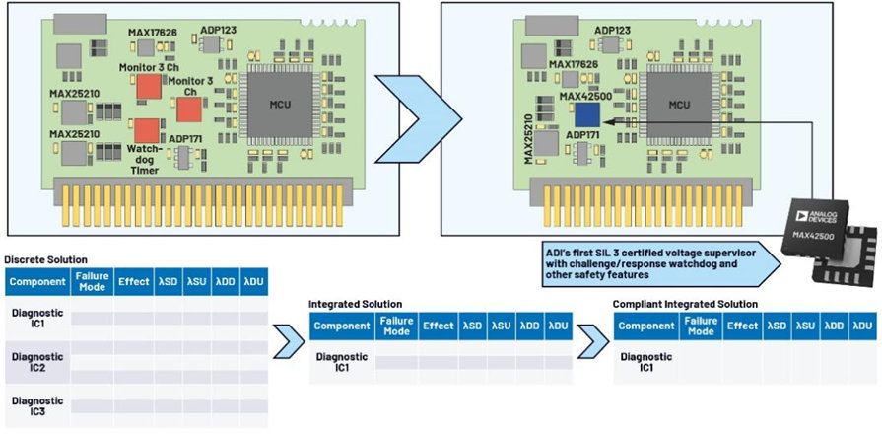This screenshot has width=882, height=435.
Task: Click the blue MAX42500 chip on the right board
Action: pyautogui.click(x=586, y=115)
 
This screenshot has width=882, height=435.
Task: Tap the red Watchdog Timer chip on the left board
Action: pyautogui.click(x=146, y=130)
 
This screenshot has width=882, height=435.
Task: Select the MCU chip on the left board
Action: pyautogui.click(x=279, y=105)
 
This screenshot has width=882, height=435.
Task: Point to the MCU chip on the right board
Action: pyautogui.click(x=679, y=105)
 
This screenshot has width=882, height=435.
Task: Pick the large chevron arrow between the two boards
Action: pyautogui.click(x=419, y=118)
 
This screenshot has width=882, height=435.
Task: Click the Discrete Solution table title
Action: pyautogui.click(x=45, y=260)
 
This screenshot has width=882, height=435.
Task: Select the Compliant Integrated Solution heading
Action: pyautogui.click(x=685, y=304)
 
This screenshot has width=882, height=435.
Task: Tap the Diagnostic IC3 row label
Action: pyautogui.click(x=37, y=406)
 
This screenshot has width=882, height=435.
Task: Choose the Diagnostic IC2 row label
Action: pyautogui.click(x=37, y=362)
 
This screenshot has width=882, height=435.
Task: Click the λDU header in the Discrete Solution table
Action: pyautogui.click(x=253, y=282)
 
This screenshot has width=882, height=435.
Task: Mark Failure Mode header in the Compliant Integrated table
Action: pyautogui.click(x=701, y=326)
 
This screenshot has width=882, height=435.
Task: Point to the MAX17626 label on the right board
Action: pyautogui.click(x=573, y=64)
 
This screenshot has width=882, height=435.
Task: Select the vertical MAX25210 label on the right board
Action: pyautogui.click(x=528, y=139)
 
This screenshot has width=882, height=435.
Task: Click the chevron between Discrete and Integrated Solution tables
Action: pyautogui.click(x=289, y=340)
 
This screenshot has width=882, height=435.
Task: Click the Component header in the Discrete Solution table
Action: pyautogui.click(x=37, y=282)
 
